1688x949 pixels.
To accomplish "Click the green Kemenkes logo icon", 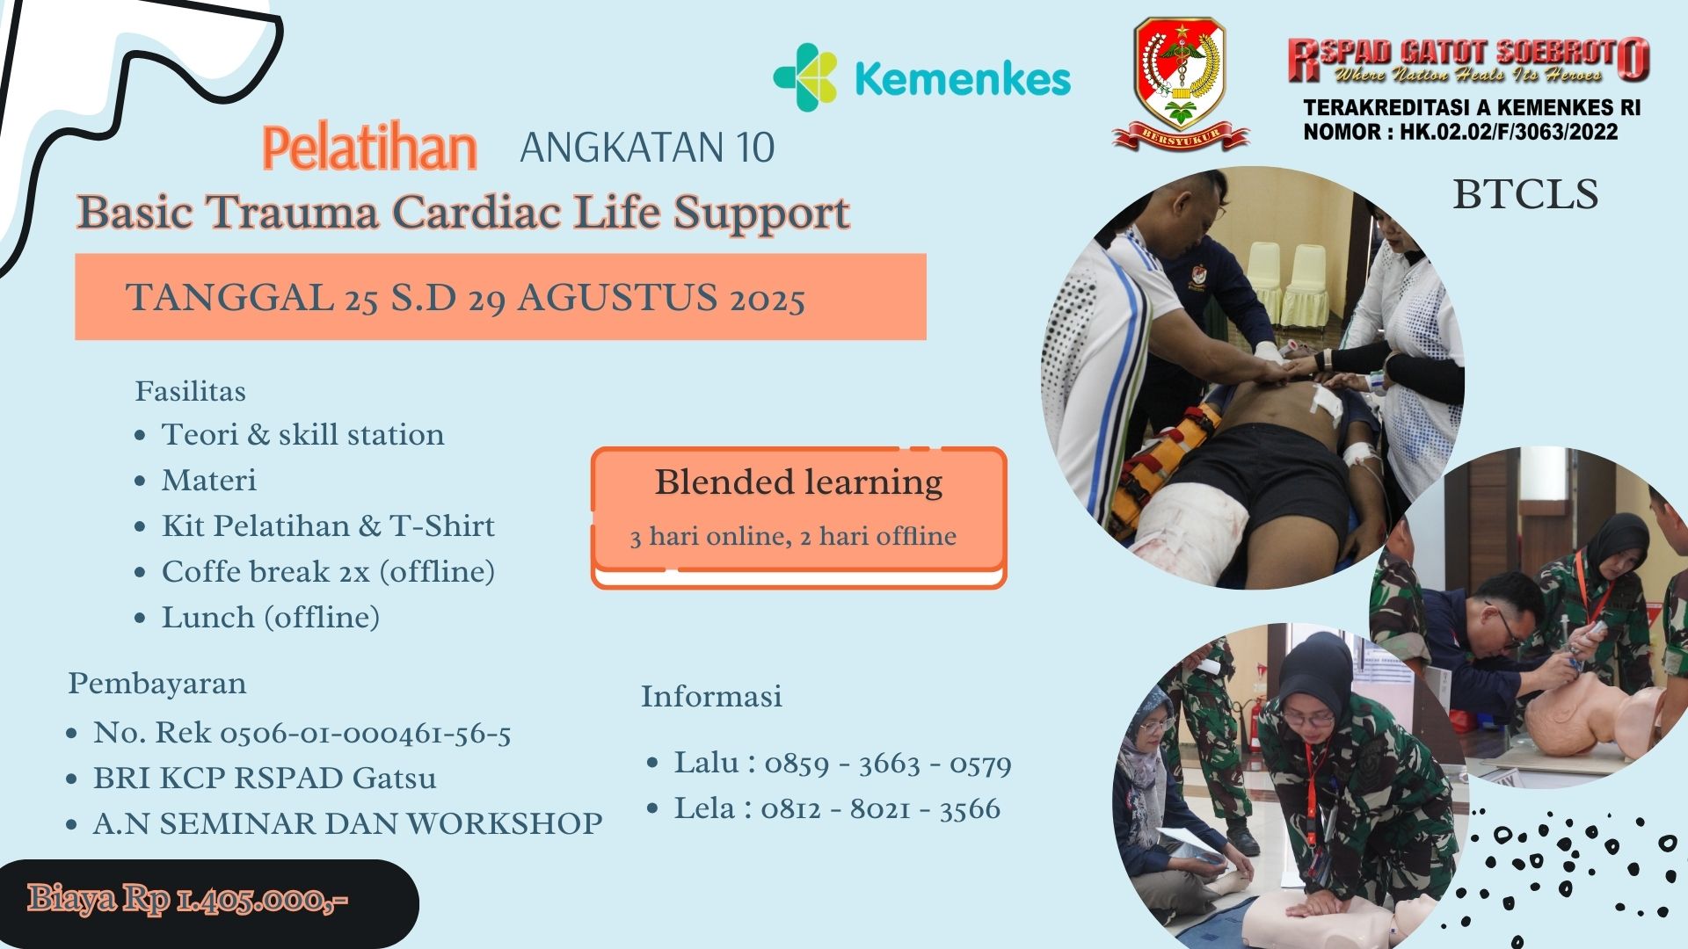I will (x=804, y=77).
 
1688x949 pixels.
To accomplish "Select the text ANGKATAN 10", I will (x=647, y=148).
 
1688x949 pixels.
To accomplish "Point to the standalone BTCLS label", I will (x=1524, y=195).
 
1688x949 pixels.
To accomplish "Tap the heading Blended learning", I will (x=798, y=482).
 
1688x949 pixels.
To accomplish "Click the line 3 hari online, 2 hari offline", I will (x=793, y=536).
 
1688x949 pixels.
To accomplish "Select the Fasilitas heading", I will (x=190, y=391).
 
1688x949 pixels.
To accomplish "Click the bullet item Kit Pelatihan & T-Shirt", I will (x=328, y=525).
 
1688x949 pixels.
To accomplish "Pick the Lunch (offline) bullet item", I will (x=270, y=617).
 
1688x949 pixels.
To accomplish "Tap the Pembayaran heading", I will (x=157, y=684).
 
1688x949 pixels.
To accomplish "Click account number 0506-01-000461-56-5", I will (x=365, y=733).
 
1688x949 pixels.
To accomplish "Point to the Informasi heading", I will (x=711, y=696).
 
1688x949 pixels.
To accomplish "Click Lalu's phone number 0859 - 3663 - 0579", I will (x=888, y=764).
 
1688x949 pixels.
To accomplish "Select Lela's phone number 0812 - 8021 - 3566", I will (x=881, y=808).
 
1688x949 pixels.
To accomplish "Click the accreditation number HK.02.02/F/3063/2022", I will (x=1509, y=133).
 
